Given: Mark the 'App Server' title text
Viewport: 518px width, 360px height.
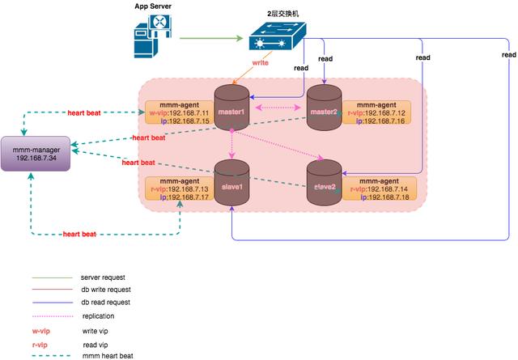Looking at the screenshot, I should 154,6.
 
